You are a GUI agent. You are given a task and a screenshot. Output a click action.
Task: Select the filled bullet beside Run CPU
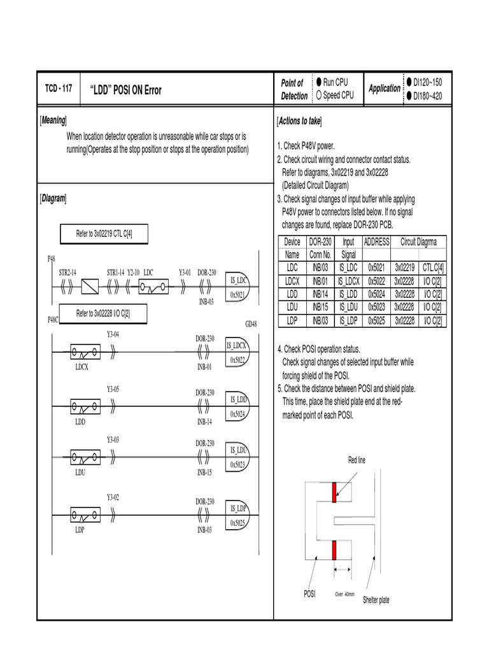(318, 83)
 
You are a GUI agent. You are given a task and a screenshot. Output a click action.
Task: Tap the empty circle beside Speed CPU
(318, 96)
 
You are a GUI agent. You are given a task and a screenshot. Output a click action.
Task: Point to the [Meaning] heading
(54, 121)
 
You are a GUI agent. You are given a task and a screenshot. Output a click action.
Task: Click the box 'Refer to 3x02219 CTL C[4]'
(103, 234)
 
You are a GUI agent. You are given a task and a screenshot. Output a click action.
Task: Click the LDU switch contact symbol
(84, 457)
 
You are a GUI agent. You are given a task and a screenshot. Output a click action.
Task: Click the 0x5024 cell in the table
(376, 295)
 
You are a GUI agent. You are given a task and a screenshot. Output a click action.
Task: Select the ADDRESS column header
(376, 242)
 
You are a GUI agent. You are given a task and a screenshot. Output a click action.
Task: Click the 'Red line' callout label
(357, 460)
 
